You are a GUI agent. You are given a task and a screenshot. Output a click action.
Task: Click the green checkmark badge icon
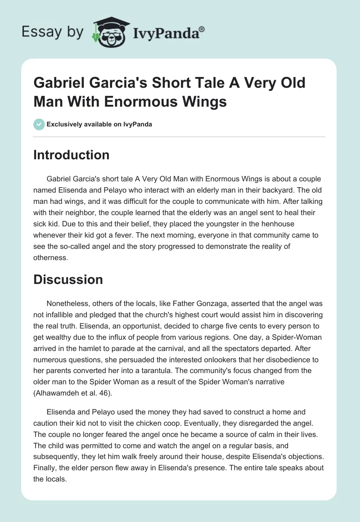pos(39,124)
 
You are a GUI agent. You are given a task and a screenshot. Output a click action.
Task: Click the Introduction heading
pos(72,155)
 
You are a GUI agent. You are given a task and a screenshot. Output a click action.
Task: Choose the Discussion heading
pos(68,279)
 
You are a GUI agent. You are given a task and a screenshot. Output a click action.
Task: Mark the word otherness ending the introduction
pos(49,258)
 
